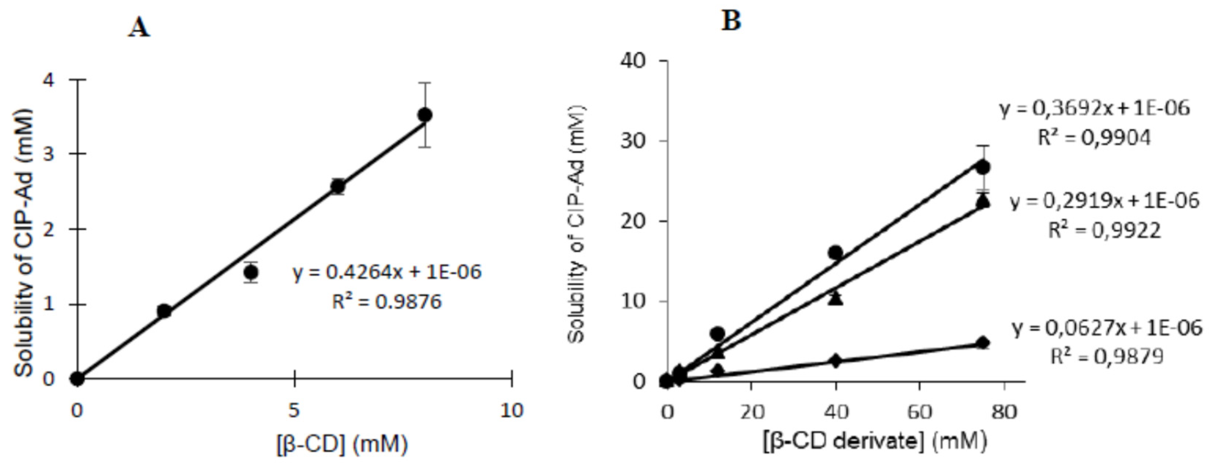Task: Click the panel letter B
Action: tap(731, 21)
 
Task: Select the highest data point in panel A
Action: tap(425, 115)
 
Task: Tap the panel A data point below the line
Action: tap(251, 272)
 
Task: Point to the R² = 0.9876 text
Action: tap(387, 301)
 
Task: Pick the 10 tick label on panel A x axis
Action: tap(511, 411)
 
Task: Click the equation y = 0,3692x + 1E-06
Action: tap(1094, 109)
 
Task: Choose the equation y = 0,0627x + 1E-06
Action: tap(1107, 328)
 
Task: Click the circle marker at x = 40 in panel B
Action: tap(835, 253)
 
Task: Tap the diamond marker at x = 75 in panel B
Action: tap(983, 343)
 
